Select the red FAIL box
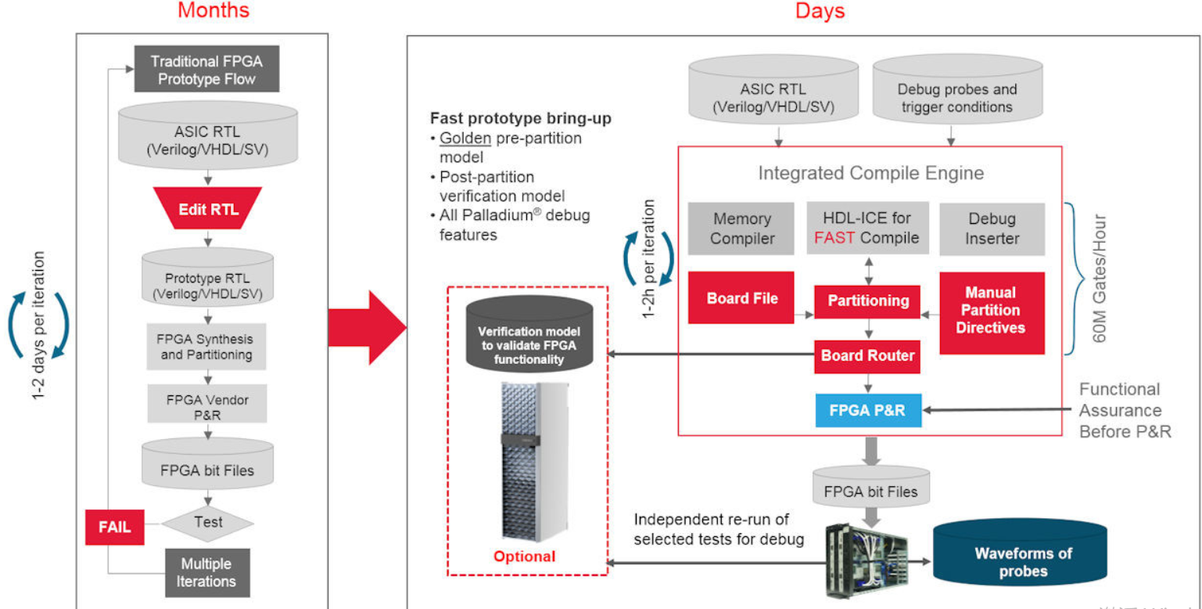[114, 527]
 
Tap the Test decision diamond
[207, 522]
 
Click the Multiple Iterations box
[207, 572]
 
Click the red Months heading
[213, 10]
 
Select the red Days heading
[820, 10]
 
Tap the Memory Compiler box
[741, 229]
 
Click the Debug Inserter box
[992, 229]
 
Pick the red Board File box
[741, 297]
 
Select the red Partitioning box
[868, 301]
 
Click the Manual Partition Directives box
[991, 311]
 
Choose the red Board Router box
[867, 356]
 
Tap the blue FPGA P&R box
[868, 410]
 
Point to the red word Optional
[524, 557]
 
